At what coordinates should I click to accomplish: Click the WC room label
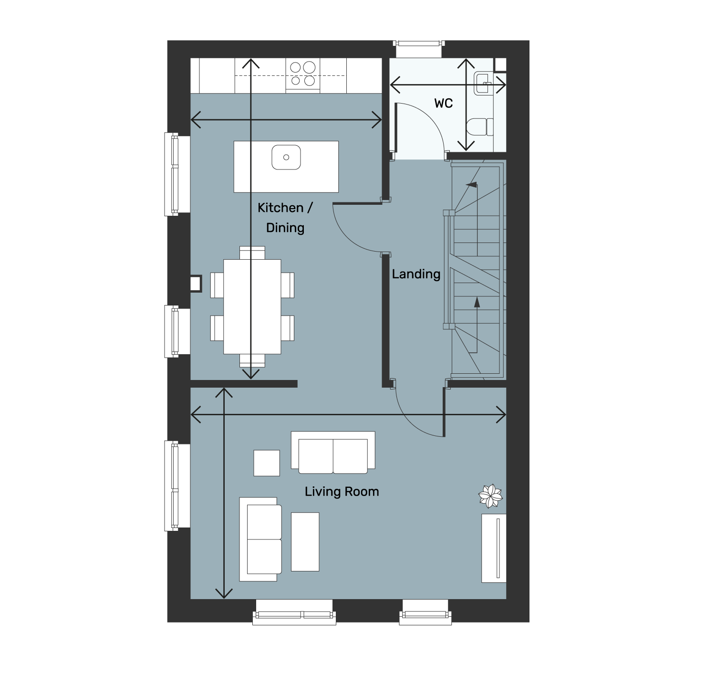click(444, 103)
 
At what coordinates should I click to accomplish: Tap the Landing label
click(416, 274)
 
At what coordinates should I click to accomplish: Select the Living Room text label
click(342, 492)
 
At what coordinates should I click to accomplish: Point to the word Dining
click(285, 228)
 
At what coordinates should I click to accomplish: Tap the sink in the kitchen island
click(286, 158)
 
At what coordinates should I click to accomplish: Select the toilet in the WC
click(480, 127)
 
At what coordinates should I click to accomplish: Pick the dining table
click(252, 306)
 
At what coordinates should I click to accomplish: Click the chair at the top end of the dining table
click(252, 253)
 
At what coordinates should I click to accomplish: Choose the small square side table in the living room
click(267, 463)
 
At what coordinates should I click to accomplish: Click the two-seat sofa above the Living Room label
click(333, 452)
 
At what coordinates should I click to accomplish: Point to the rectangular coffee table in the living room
click(305, 542)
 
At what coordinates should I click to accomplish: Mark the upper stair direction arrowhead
click(472, 184)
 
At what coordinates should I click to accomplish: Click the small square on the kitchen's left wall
click(196, 284)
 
